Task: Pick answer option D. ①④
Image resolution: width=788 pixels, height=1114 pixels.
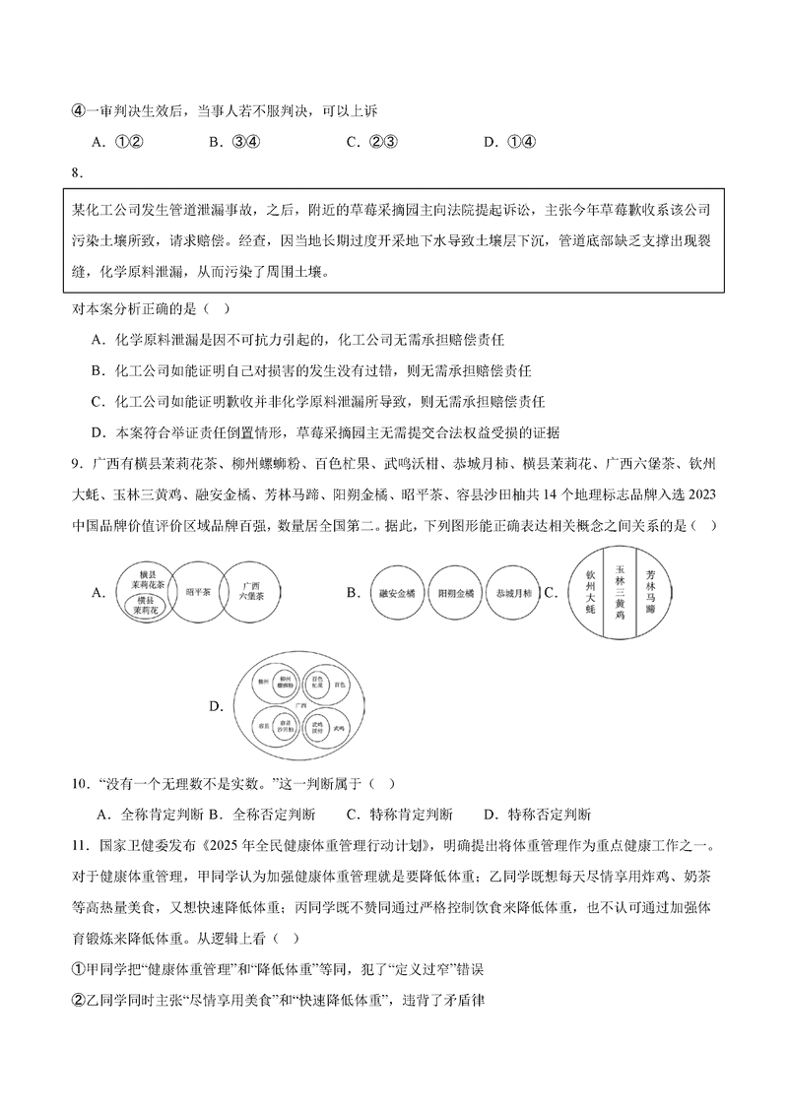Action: [x=509, y=142]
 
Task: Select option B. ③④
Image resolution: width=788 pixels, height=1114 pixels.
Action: [x=233, y=142]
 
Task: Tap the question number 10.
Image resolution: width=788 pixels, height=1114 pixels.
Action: [x=79, y=784]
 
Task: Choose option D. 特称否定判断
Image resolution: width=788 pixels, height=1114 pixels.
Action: [x=538, y=815]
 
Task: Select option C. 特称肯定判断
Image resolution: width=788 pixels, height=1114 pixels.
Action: [x=400, y=815]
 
